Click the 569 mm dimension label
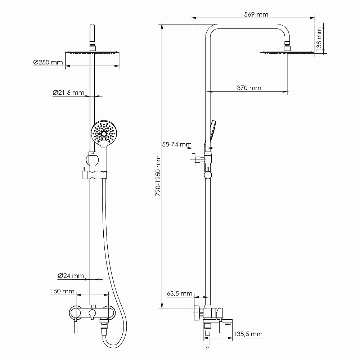(x=256, y=14)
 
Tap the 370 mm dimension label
(x=249, y=88)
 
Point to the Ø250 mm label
(x=48, y=63)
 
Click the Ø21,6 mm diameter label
(x=68, y=93)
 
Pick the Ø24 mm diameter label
(x=71, y=276)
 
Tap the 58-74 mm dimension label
(x=177, y=144)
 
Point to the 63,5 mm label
(x=179, y=293)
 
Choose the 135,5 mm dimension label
(x=248, y=334)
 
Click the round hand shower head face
(x=104, y=133)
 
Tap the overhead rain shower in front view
(x=93, y=53)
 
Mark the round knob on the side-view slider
(x=208, y=175)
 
